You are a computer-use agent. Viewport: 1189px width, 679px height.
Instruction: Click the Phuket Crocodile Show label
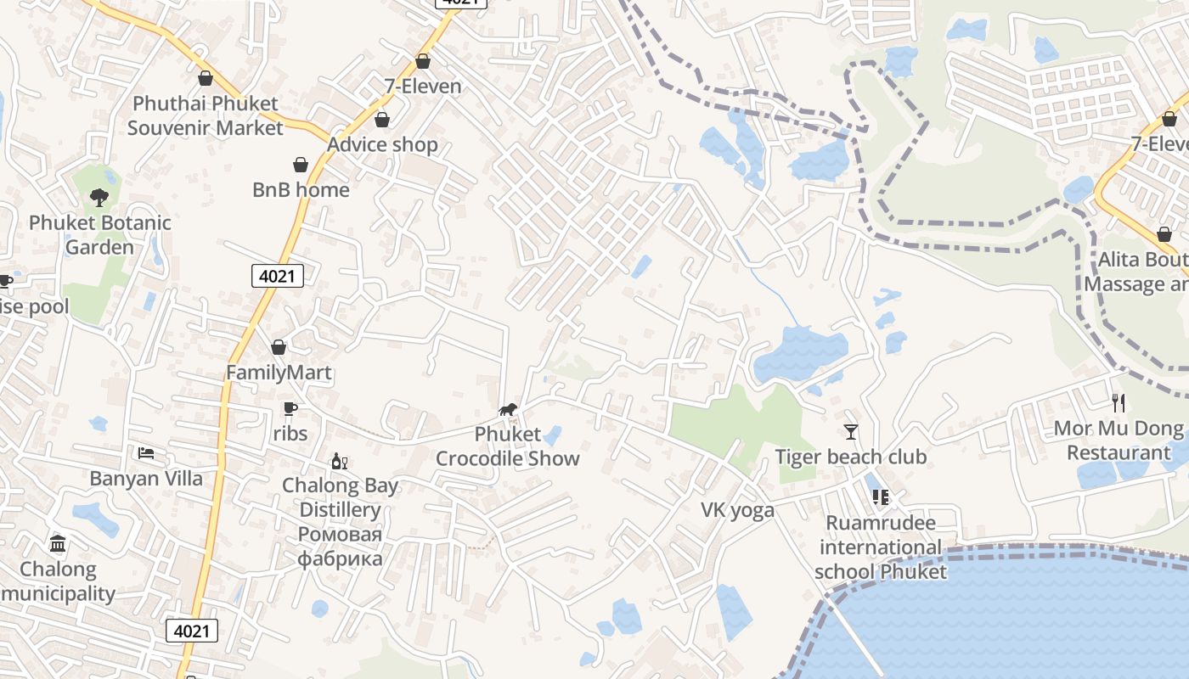coord(508,446)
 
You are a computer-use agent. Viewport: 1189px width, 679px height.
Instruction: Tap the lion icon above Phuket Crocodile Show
coord(508,411)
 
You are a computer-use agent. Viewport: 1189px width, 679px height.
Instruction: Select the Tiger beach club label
coord(850,457)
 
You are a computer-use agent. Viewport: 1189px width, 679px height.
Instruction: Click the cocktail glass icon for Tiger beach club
coord(850,431)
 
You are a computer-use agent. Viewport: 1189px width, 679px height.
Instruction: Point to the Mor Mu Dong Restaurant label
coord(1119,441)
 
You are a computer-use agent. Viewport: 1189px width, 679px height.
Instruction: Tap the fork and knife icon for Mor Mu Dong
coord(1119,402)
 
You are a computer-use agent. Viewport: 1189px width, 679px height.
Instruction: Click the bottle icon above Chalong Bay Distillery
coord(340,461)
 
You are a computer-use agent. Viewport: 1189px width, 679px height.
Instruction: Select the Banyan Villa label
coord(147,479)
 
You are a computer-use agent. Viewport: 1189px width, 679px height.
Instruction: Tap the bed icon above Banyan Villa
coord(147,453)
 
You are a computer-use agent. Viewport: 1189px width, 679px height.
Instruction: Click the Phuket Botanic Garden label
coord(100,235)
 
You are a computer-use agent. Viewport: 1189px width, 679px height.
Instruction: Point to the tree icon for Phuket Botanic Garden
coord(99,198)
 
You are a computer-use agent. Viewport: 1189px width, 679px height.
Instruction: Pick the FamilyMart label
coord(279,373)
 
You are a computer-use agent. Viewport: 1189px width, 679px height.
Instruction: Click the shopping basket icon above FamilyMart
coord(279,347)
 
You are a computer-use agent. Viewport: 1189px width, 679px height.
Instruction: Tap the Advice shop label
coord(382,144)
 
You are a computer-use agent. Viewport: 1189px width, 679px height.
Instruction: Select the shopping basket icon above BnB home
coord(301,164)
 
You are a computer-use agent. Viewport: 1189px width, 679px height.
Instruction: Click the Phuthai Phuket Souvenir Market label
coord(205,116)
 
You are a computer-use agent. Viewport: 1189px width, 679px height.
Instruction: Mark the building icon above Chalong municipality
coord(58,543)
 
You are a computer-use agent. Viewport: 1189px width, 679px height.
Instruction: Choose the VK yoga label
coord(737,510)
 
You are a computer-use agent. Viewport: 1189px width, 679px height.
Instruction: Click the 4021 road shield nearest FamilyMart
coord(278,275)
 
